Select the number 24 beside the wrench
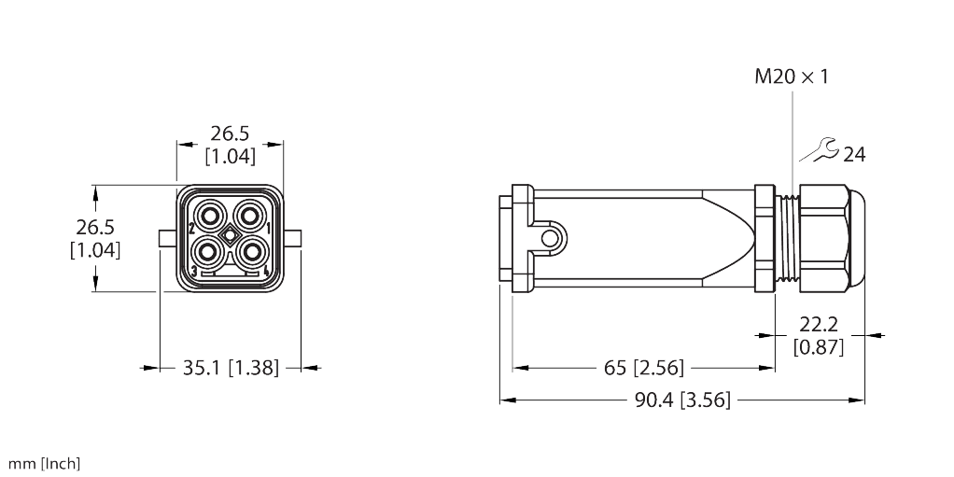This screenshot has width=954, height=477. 854,155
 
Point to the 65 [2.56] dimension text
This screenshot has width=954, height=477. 644,368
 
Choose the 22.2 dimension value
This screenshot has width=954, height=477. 818,325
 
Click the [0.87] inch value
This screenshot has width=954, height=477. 818,347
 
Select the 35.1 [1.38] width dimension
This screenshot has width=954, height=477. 230,368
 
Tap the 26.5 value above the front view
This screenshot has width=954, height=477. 230,133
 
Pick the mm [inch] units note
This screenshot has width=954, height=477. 44,463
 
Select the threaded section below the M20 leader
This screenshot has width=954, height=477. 791,237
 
